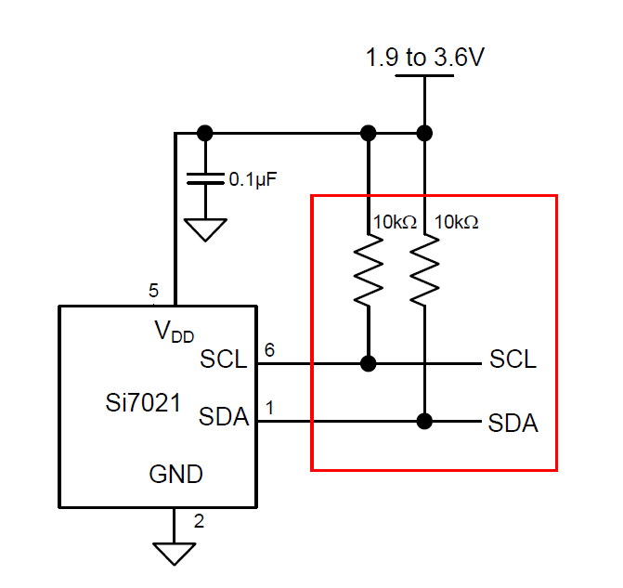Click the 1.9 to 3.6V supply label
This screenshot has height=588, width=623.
tap(424, 58)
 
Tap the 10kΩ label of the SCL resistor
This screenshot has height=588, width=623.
tap(395, 223)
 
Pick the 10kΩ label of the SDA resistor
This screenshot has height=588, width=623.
tap(456, 223)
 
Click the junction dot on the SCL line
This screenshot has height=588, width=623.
tap(369, 362)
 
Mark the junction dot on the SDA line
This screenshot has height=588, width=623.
tap(424, 421)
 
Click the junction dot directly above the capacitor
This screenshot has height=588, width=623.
tap(205, 132)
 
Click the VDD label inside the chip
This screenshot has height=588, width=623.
tap(174, 331)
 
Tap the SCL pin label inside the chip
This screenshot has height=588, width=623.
tap(224, 359)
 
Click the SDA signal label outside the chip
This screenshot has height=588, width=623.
tap(513, 424)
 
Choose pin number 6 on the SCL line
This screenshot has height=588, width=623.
tap(270, 349)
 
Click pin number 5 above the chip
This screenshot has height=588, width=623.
tap(154, 291)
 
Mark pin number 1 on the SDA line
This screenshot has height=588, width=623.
tap(270, 407)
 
